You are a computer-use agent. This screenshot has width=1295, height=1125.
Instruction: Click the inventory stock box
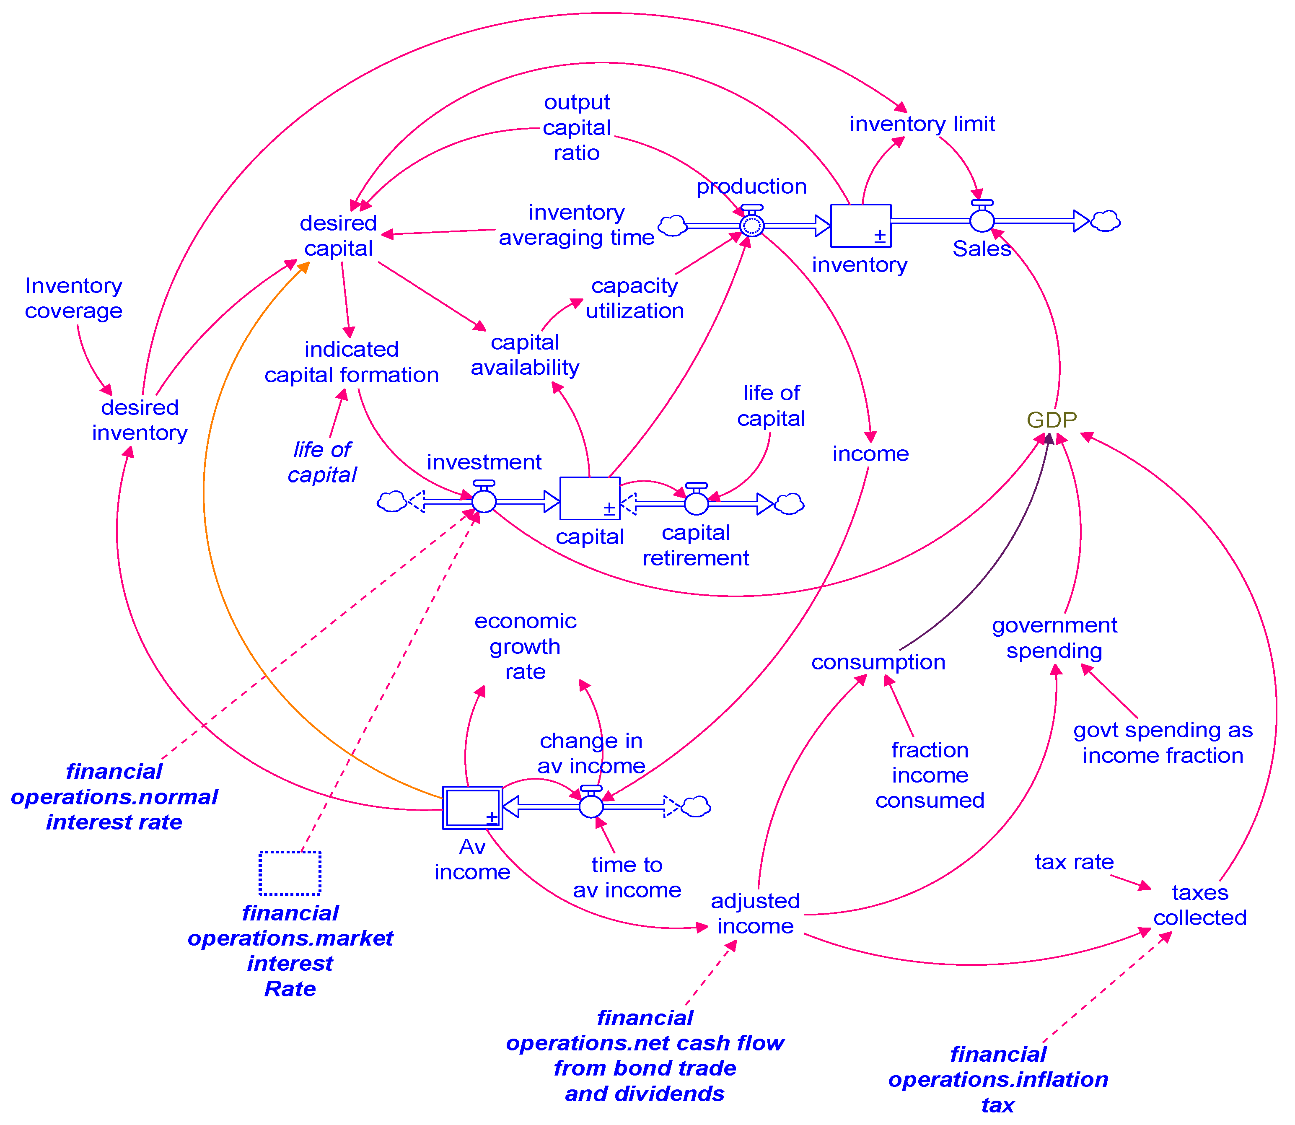(860, 226)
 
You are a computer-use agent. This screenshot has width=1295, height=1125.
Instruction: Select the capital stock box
(589, 498)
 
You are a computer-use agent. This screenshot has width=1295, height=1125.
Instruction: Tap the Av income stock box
(472, 807)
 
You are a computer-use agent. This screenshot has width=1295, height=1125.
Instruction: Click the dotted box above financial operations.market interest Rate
(290, 873)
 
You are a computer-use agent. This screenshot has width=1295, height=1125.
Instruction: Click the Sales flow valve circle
(982, 220)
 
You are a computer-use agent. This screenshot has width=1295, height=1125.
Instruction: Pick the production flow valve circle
(751, 225)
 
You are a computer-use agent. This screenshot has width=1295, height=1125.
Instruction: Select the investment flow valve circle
(484, 501)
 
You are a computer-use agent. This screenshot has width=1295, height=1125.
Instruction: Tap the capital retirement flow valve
(696, 503)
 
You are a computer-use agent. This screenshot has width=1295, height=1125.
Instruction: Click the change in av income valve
(591, 806)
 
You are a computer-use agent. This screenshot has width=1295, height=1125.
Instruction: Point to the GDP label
(1052, 420)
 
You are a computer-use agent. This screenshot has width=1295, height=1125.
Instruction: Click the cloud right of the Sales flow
(1106, 221)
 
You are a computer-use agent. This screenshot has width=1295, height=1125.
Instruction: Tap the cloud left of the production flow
(672, 226)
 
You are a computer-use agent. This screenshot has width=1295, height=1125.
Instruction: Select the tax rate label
(1074, 862)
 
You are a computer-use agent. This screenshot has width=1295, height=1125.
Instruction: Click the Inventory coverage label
(73, 298)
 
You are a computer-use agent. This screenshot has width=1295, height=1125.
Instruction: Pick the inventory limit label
(922, 124)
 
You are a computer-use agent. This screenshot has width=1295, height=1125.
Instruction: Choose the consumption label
(878, 662)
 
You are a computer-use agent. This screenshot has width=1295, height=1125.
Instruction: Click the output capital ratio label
(576, 127)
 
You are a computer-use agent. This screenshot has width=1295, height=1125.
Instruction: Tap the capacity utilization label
(634, 298)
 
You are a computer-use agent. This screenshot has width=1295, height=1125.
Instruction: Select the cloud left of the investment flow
(392, 502)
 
